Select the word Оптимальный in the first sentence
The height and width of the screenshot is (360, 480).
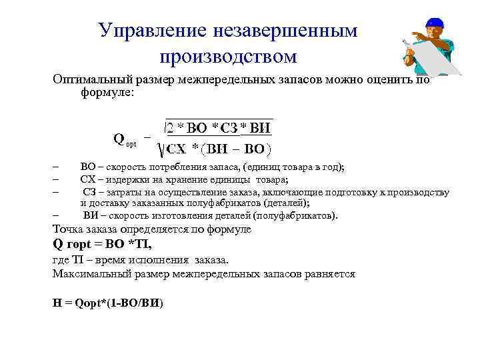(93, 79)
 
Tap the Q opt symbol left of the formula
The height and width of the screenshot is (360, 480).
(124, 140)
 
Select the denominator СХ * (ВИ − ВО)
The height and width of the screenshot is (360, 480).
(218, 148)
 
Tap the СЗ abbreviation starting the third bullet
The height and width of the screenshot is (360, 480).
(91, 192)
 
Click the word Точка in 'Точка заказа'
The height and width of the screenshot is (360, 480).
(69, 229)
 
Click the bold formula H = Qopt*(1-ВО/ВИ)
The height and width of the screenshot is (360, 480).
(107, 302)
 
